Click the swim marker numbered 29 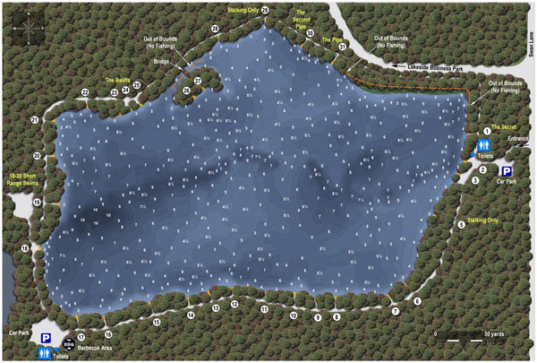(x=265, y=10)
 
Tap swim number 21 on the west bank (x=34, y=119)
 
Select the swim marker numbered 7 (x=395, y=311)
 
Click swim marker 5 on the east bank (x=462, y=224)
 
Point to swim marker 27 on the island (x=198, y=81)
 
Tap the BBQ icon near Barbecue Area (x=68, y=341)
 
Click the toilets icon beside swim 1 (x=483, y=144)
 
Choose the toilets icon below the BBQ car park (x=46, y=354)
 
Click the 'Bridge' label (x=161, y=62)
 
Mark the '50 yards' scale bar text (x=494, y=333)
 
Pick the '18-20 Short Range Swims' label (x=19, y=178)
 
